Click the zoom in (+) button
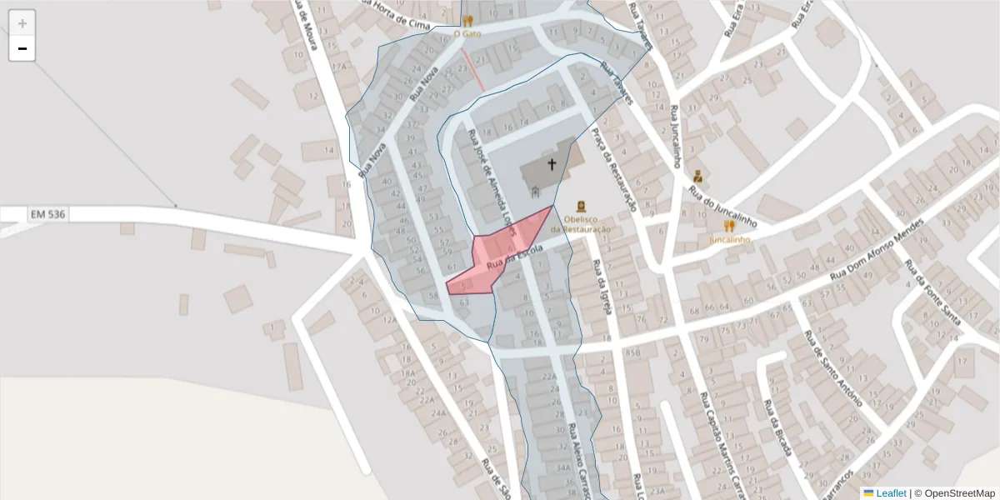click(22, 23)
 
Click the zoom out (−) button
click(22, 48)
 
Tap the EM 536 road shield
click(48, 215)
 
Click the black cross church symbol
click(551, 164)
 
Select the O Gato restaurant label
click(467, 34)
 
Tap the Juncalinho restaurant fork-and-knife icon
click(729, 226)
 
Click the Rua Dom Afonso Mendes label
click(877, 251)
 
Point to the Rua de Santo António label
click(833, 367)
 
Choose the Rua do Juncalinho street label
click(722, 207)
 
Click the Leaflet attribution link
click(890, 493)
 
